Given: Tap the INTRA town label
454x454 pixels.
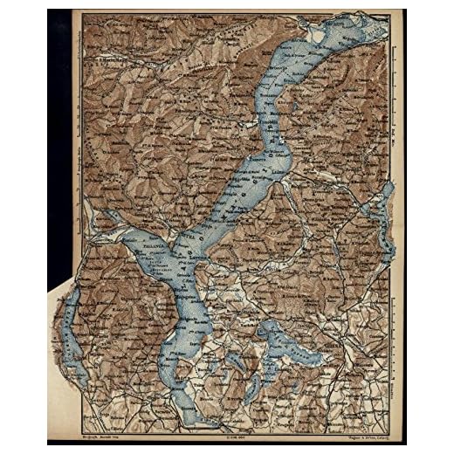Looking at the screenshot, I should tap(186, 237).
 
